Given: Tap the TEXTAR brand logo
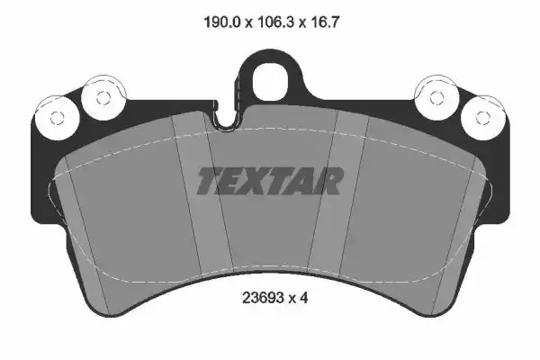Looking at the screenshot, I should [x=270, y=181].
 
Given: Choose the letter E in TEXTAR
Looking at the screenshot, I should [x=232, y=181].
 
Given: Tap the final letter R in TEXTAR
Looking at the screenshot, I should [x=328, y=181].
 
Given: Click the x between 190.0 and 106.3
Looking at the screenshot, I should [x=246, y=19].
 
